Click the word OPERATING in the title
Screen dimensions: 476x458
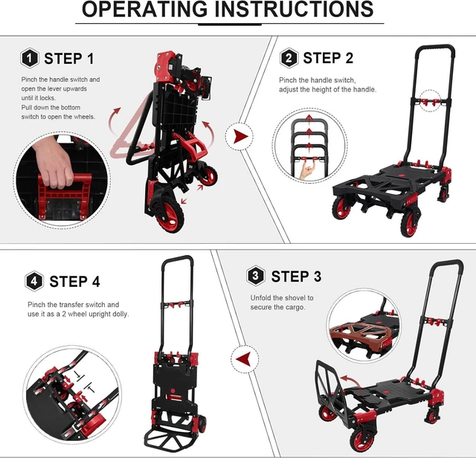point(145,9)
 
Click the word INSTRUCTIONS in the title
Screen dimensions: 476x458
point(295,9)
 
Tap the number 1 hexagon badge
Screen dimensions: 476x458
point(30,58)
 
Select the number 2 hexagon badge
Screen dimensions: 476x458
point(289,58)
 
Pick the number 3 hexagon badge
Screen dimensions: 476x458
point(255,276)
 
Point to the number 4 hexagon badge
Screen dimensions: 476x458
point(34,281)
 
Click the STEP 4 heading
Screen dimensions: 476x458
point(74,282)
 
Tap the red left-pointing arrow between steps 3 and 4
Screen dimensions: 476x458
point(243,360)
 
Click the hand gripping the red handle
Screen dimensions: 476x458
point(55,163)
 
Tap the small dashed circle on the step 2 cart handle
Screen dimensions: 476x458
point(430,101)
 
